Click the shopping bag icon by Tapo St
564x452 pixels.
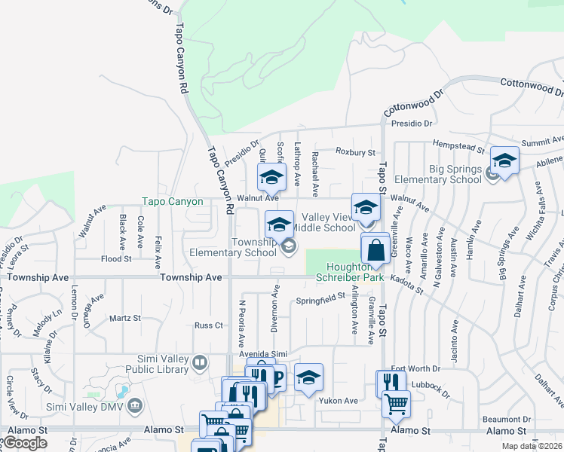(x=375, y=249)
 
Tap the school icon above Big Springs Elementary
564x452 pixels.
(x=504, y=160)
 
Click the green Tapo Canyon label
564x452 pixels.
(x=173, y=202)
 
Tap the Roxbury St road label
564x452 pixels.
(x=355, y=152)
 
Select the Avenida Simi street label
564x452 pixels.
(x=264, y=354)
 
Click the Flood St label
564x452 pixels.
(x=116, y=258)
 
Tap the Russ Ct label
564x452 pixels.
(x=209, y=325)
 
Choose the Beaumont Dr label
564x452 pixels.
(x=505, y=419)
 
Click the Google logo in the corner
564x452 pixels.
(x=24, y=443)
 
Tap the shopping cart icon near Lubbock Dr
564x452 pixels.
(x=395, y=404)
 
